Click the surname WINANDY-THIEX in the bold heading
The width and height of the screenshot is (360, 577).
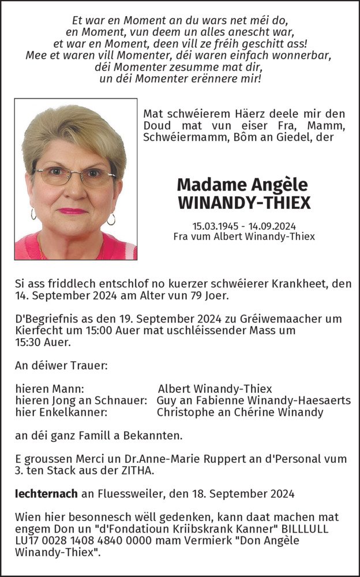(x=245, y=203)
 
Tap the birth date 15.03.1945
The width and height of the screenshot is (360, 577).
(x=215, y=226)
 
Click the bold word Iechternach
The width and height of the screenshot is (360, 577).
(x=44, y=493)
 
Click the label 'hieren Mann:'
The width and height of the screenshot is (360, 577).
(x=50, y=389)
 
